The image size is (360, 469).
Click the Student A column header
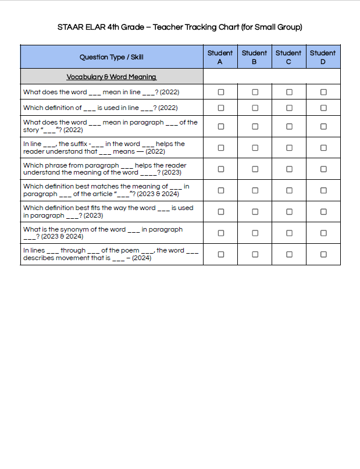[220, 57]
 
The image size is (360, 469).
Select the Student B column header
[254, 57]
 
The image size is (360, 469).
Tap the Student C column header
[288, 57]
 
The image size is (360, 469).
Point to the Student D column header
[323, 57]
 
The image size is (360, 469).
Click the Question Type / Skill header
[112, 57]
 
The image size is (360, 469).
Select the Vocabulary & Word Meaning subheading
[111, 77]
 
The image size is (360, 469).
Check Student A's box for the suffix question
[221, 148]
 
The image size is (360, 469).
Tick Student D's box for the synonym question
[323, 233]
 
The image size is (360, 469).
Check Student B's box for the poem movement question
[255, 254]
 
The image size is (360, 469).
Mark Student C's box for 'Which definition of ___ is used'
[289, 108]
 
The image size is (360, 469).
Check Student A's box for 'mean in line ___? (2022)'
[221, 92]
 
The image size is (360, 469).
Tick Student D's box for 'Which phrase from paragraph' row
[323, 169]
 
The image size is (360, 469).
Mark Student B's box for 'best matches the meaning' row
[255, 190]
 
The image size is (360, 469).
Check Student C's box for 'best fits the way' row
[289, 212]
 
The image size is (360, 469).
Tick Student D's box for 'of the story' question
[323, 126]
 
